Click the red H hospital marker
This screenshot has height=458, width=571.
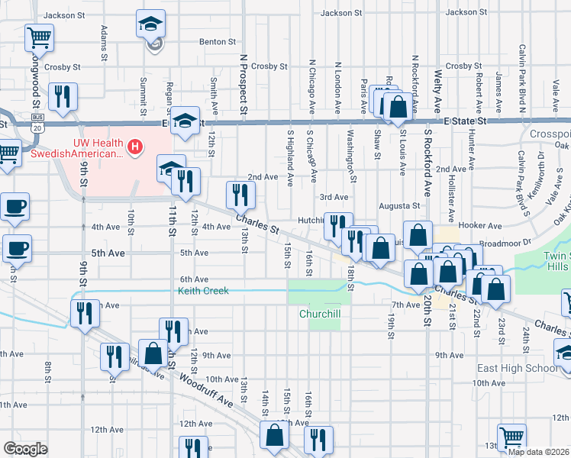click(x=135, y=146)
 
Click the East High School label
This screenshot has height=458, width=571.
click(x=517, y=368)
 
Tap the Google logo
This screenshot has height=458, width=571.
click(x=25, y=448)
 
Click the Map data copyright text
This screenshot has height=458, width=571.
click(x=539, y=452)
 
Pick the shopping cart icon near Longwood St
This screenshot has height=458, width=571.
click(x=38, y=36)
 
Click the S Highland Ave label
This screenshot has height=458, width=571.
click(x=290, y=158)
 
